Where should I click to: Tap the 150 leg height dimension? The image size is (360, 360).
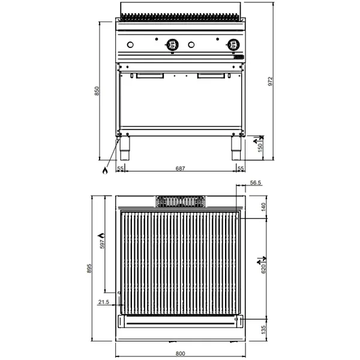pyautogui.click(x=260, y=146)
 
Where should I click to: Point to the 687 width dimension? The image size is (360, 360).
pyautogui.click(x=180, y=169)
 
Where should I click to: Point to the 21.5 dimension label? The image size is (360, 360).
pyautogui.click(x=103, y=302)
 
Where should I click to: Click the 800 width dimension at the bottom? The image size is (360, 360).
pyautogui.click(x=180, y=353)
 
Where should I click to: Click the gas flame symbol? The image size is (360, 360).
pyautogui.click(x=104, y=170)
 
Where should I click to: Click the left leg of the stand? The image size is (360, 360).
pyautogui.click(x=125, y=148)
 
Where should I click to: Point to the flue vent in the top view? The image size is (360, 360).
pyautogui.click(x=180, y=202)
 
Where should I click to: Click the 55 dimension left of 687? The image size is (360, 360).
pyautogui.click(x=120, y=169)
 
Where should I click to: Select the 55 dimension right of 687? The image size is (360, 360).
pyautogui.click(x=240, y=169)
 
